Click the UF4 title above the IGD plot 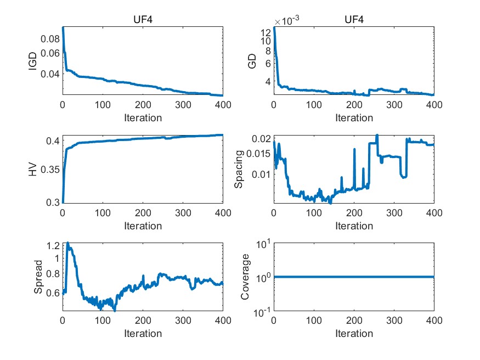point(143,20)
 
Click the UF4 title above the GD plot point(354,20)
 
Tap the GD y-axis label point(252,61)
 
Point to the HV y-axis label point(33,170)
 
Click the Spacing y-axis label point(239,170)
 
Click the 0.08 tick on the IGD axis point(49,39)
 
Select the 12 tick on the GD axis point(265,31)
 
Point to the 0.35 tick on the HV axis point(49,170)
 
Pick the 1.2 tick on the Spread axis point(53,245)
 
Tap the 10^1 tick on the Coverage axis point(261,243)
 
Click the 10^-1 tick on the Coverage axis point(260,312)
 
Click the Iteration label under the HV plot point(143,226)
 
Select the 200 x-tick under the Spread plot point(143,322)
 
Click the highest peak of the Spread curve point(68,243)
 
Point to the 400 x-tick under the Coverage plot point(433,322)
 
